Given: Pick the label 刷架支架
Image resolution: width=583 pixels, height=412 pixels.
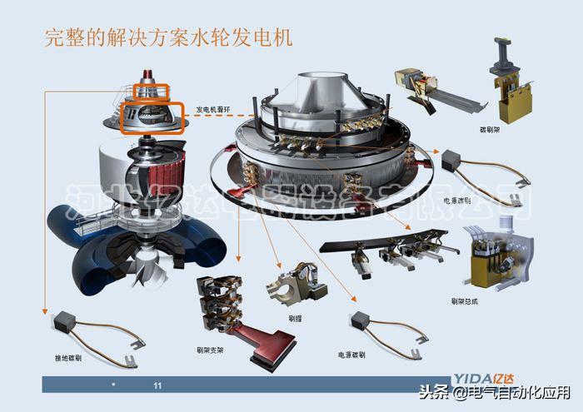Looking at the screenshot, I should [x=211, y=350].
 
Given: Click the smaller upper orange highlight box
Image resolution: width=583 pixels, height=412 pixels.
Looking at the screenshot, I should [x=152, y=92].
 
